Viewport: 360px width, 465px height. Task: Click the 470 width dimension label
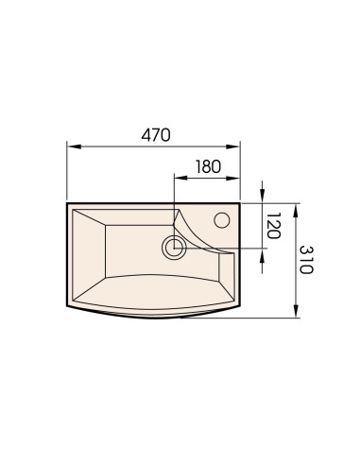pos(156,135)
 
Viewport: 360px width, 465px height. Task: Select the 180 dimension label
pos(208,166)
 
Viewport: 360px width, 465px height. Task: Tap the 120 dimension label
pos(273,226)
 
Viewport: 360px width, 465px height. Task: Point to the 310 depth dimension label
pos(306,260)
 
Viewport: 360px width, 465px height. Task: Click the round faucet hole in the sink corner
pos(222,220)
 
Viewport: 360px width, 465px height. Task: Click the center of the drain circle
pos(174,248)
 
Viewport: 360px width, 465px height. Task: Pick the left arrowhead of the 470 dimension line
pos(75,146)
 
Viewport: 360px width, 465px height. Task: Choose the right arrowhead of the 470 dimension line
pos(233,146)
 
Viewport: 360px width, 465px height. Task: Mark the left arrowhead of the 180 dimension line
pos(181,178)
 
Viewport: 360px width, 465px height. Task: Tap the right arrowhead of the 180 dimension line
pos(233,178)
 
